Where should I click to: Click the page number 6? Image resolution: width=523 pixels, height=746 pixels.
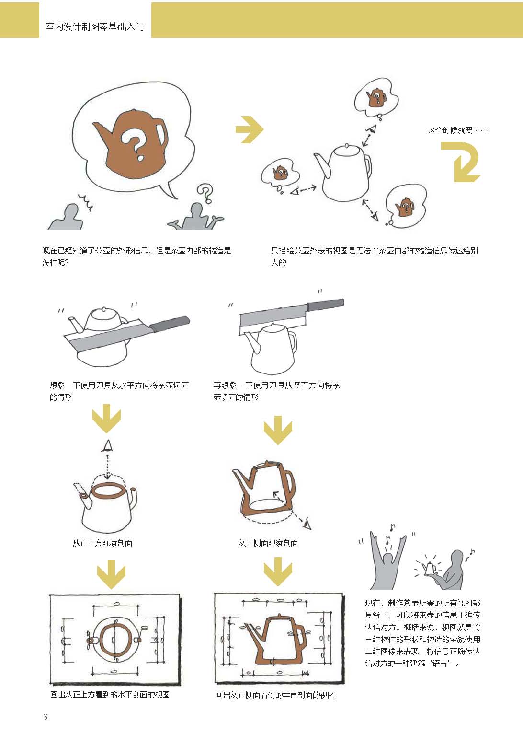pos(45,717)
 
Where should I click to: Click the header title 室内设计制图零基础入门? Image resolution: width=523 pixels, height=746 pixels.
pos(95,27)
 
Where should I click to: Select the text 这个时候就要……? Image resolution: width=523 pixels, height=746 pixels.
pos(457,130)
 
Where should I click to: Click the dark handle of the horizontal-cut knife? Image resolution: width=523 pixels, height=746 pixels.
pos(170,323)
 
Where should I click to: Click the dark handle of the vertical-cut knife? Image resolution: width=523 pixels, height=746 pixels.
pos(325,304)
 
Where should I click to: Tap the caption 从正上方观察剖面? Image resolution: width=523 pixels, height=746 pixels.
pos(102,543)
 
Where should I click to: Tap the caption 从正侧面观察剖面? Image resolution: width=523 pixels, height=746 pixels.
pos(268,543)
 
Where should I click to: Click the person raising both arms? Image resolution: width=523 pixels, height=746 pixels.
pos(387,562)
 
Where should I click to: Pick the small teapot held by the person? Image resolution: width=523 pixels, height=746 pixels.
pos(429,568)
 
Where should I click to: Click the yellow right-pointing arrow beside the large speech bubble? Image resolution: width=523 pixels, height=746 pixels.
pos(250,129)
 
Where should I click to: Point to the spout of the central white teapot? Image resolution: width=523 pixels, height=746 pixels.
pos(321,164)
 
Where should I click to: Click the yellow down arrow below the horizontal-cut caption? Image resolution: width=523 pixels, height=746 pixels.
pos(106,419)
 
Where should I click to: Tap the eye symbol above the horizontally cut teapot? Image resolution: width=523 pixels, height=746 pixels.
pos(107,446)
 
